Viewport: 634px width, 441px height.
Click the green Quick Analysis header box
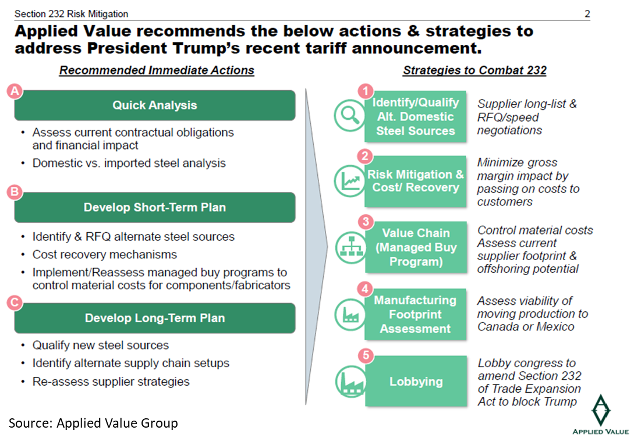(154, 105)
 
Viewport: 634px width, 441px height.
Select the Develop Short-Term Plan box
(154, 208)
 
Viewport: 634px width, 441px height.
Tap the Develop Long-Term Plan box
(154, 318)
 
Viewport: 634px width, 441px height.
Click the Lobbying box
(416, 382)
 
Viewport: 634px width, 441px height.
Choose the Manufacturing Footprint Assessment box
(416, 314)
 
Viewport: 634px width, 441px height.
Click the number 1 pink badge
(365, 91)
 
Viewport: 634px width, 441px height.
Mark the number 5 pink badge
(365, 356)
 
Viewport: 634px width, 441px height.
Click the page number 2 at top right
(587, 13)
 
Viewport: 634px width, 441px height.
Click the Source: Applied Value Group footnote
(93, 423)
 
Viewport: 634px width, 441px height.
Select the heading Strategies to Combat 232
(474, 70)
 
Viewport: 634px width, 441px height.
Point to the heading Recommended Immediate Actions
(157, 70)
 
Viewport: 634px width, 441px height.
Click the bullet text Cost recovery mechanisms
(104, 255)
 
